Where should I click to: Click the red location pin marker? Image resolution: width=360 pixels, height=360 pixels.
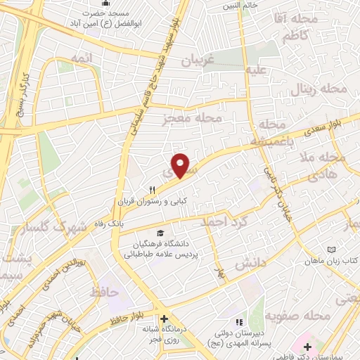[x=181, y=165]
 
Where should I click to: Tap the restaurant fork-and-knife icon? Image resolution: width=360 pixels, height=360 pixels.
[x=152, y=189]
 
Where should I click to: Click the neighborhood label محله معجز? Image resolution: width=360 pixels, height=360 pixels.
[x=192, y=118]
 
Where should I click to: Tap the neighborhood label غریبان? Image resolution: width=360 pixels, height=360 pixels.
[x=198, y=60]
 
